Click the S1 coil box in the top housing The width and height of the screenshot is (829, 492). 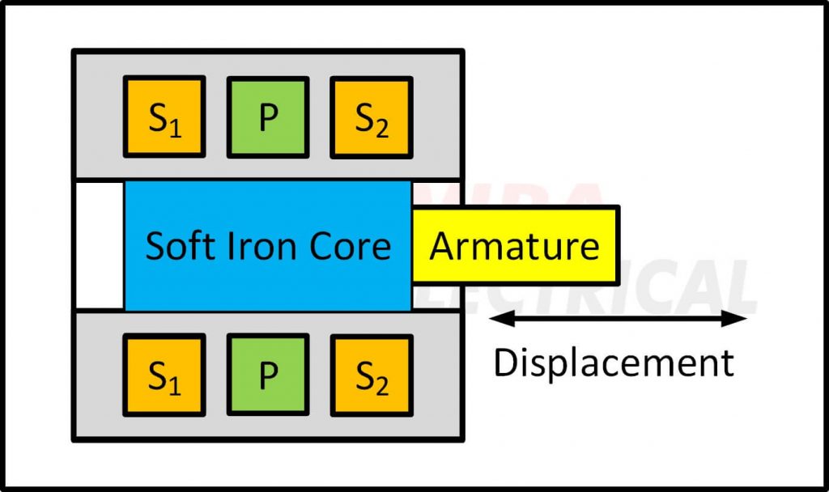[164, 117]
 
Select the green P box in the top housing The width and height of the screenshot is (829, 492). [268, 117]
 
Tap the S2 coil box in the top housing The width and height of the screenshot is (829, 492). [372, 117]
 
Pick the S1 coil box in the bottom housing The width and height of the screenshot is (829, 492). [164, 375]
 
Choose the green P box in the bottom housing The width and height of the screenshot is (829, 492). [268, 375]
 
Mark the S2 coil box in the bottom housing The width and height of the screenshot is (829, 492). [372, 375]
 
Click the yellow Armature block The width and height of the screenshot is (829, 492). [516, 244]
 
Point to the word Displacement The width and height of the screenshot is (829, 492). [614, 363]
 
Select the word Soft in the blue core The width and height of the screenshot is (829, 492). [176, 245]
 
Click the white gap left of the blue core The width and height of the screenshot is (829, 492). [99, 245]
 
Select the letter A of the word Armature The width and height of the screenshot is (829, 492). [442, 245]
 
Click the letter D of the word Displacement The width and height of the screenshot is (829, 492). [505, 363]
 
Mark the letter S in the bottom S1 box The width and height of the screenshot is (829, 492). [157, 375]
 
